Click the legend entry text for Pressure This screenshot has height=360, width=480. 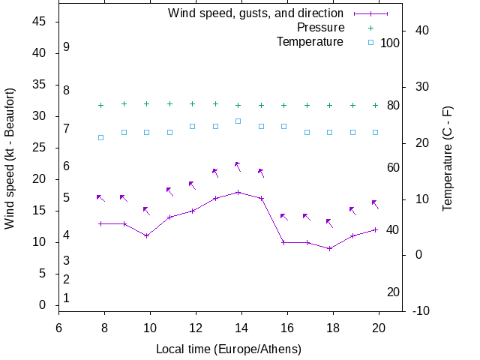click(320, 28)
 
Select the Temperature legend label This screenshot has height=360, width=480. click(310, 41)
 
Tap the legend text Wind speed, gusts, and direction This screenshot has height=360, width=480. click(255, 13)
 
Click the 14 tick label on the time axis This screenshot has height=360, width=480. click(241, 327)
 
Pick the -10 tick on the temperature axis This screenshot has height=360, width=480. click(421, 310)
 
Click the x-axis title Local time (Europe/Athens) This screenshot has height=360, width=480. click(228, 349)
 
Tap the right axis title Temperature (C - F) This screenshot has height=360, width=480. click(448, 158)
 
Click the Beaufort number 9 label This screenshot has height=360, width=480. click(67, 47)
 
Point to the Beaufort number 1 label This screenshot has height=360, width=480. click(67, 298)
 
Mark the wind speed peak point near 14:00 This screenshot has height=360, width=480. click(238, 192)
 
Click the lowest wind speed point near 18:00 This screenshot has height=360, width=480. click(330, 248)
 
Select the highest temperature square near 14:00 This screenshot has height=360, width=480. click(238, 121)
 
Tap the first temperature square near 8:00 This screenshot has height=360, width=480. click(101, 138)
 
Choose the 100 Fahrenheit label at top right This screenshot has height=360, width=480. click(390, 43)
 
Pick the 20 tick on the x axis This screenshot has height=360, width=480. click(379, 327)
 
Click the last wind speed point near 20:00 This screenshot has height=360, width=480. click(376, 229)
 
